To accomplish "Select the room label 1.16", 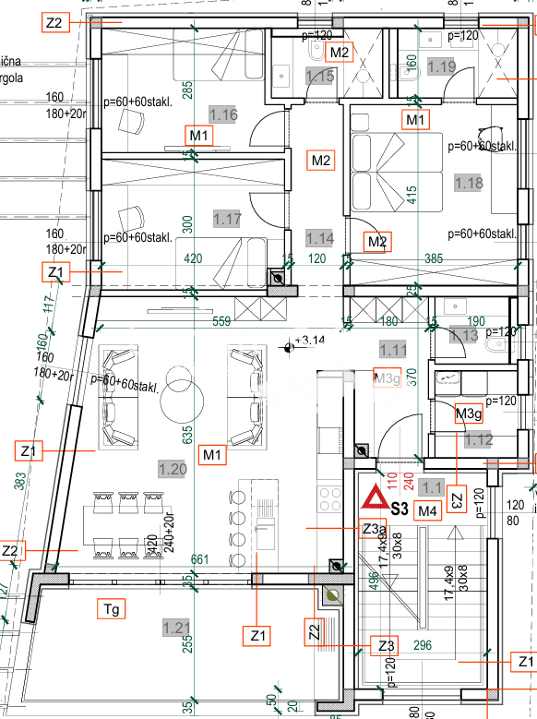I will [223, 115].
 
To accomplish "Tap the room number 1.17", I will [227, 219].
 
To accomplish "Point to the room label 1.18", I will [468, 183].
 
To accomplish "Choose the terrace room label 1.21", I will [176, 629].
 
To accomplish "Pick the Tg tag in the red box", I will [111, 608].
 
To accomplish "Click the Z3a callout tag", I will [372, 529].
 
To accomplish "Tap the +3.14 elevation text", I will [312, 342].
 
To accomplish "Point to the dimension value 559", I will [221, 322].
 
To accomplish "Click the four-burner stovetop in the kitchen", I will [330, 498].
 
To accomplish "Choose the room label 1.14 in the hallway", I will [319, 237].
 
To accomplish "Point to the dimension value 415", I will [412, 196].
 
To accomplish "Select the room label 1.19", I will [442, 66].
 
